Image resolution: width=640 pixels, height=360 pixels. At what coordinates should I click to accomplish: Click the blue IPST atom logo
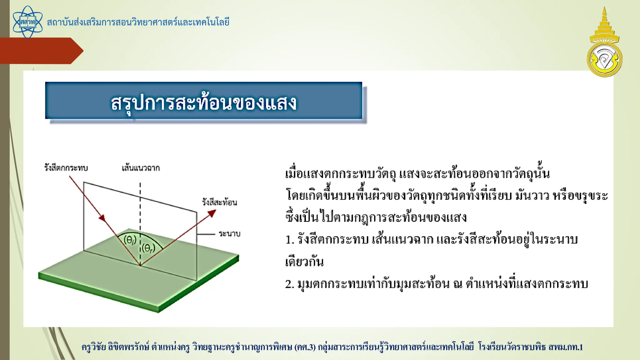pyautogui.click(x=27, y=22)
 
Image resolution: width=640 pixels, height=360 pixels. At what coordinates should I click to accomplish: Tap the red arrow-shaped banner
pyautogui.click(x=41, y=51)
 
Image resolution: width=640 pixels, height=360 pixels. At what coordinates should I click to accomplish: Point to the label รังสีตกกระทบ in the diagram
pyautogui.click(x=66, y=168)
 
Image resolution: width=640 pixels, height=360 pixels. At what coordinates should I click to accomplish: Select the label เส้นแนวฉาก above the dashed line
pyautogui.click(x=141, y=168)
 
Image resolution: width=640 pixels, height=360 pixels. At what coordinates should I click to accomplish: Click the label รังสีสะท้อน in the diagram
pyautogui.click(x=219, y=202)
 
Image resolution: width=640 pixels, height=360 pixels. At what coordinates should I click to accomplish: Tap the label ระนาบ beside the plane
pyautogui.click(x=229, y=234)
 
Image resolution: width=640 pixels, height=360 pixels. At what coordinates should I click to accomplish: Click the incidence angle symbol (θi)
pyautogui.click(x=130, y=240)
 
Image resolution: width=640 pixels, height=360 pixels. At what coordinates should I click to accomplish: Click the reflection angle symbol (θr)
pyautogui.click(x=148, y=248)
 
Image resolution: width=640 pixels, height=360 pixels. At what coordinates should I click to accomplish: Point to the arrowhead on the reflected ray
pyautogui.click(x=212, y=213)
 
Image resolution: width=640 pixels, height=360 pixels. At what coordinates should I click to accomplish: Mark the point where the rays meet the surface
pyautogui.click(x=140, y=266)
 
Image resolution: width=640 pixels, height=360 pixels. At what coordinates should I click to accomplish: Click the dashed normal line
pyautogui.click(x=140, y=206)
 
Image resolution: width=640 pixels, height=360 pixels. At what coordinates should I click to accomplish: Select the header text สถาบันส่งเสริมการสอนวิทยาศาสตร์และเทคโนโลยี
pyautogui.click(x=138, y=22)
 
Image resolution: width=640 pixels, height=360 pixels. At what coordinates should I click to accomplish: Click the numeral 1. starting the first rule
pyautogui.click(x=289, y=240)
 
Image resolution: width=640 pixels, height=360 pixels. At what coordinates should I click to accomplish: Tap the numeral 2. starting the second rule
pyautogui.click(x=289, y=284)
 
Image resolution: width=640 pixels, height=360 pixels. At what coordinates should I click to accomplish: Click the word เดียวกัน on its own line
pyautogui.click(x=304, y=262)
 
